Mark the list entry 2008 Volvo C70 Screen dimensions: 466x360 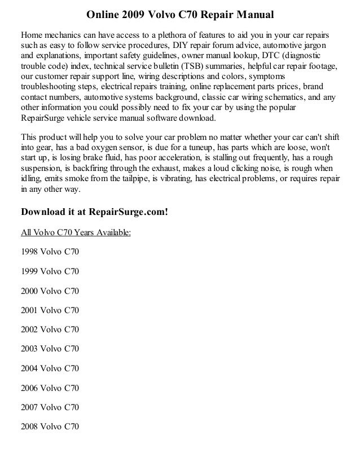pos(50,426)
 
